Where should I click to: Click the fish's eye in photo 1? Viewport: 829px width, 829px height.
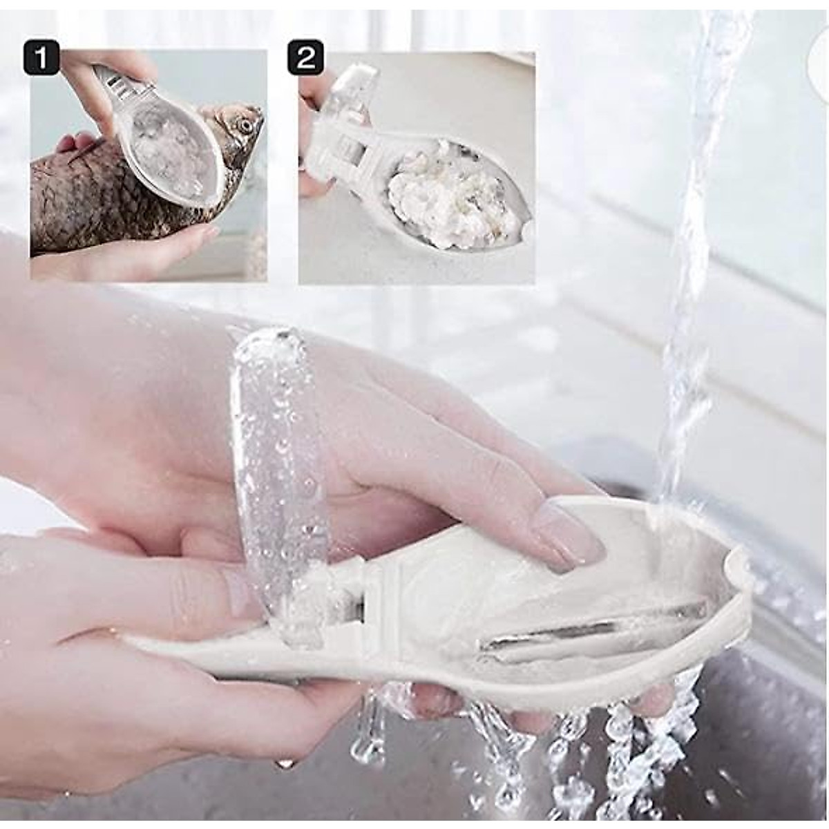point(242,126)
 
